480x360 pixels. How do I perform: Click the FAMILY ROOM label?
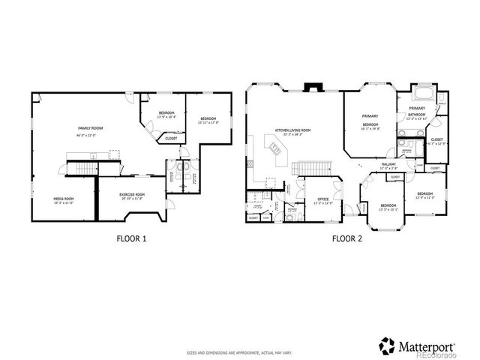tap(91, 128)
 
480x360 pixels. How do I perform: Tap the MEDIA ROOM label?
tap(62, 198)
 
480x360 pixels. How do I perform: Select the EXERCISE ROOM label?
tap(132, 194)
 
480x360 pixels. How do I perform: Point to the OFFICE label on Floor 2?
tap(323, 199)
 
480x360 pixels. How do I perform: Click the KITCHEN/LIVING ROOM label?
tap(292, 130)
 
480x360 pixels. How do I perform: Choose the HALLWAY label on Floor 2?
tap(388, 164)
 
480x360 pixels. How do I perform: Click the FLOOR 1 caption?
tap(131, 238)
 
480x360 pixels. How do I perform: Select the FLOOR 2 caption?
tap(347, 238)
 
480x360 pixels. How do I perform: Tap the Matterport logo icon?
tap(388, 346)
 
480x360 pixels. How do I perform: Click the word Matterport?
tap(428, 346)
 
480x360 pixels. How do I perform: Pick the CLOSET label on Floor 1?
tap(171, 138)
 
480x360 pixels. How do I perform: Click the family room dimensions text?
tap(91, 133)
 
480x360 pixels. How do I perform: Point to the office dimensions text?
tap(323, 204)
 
